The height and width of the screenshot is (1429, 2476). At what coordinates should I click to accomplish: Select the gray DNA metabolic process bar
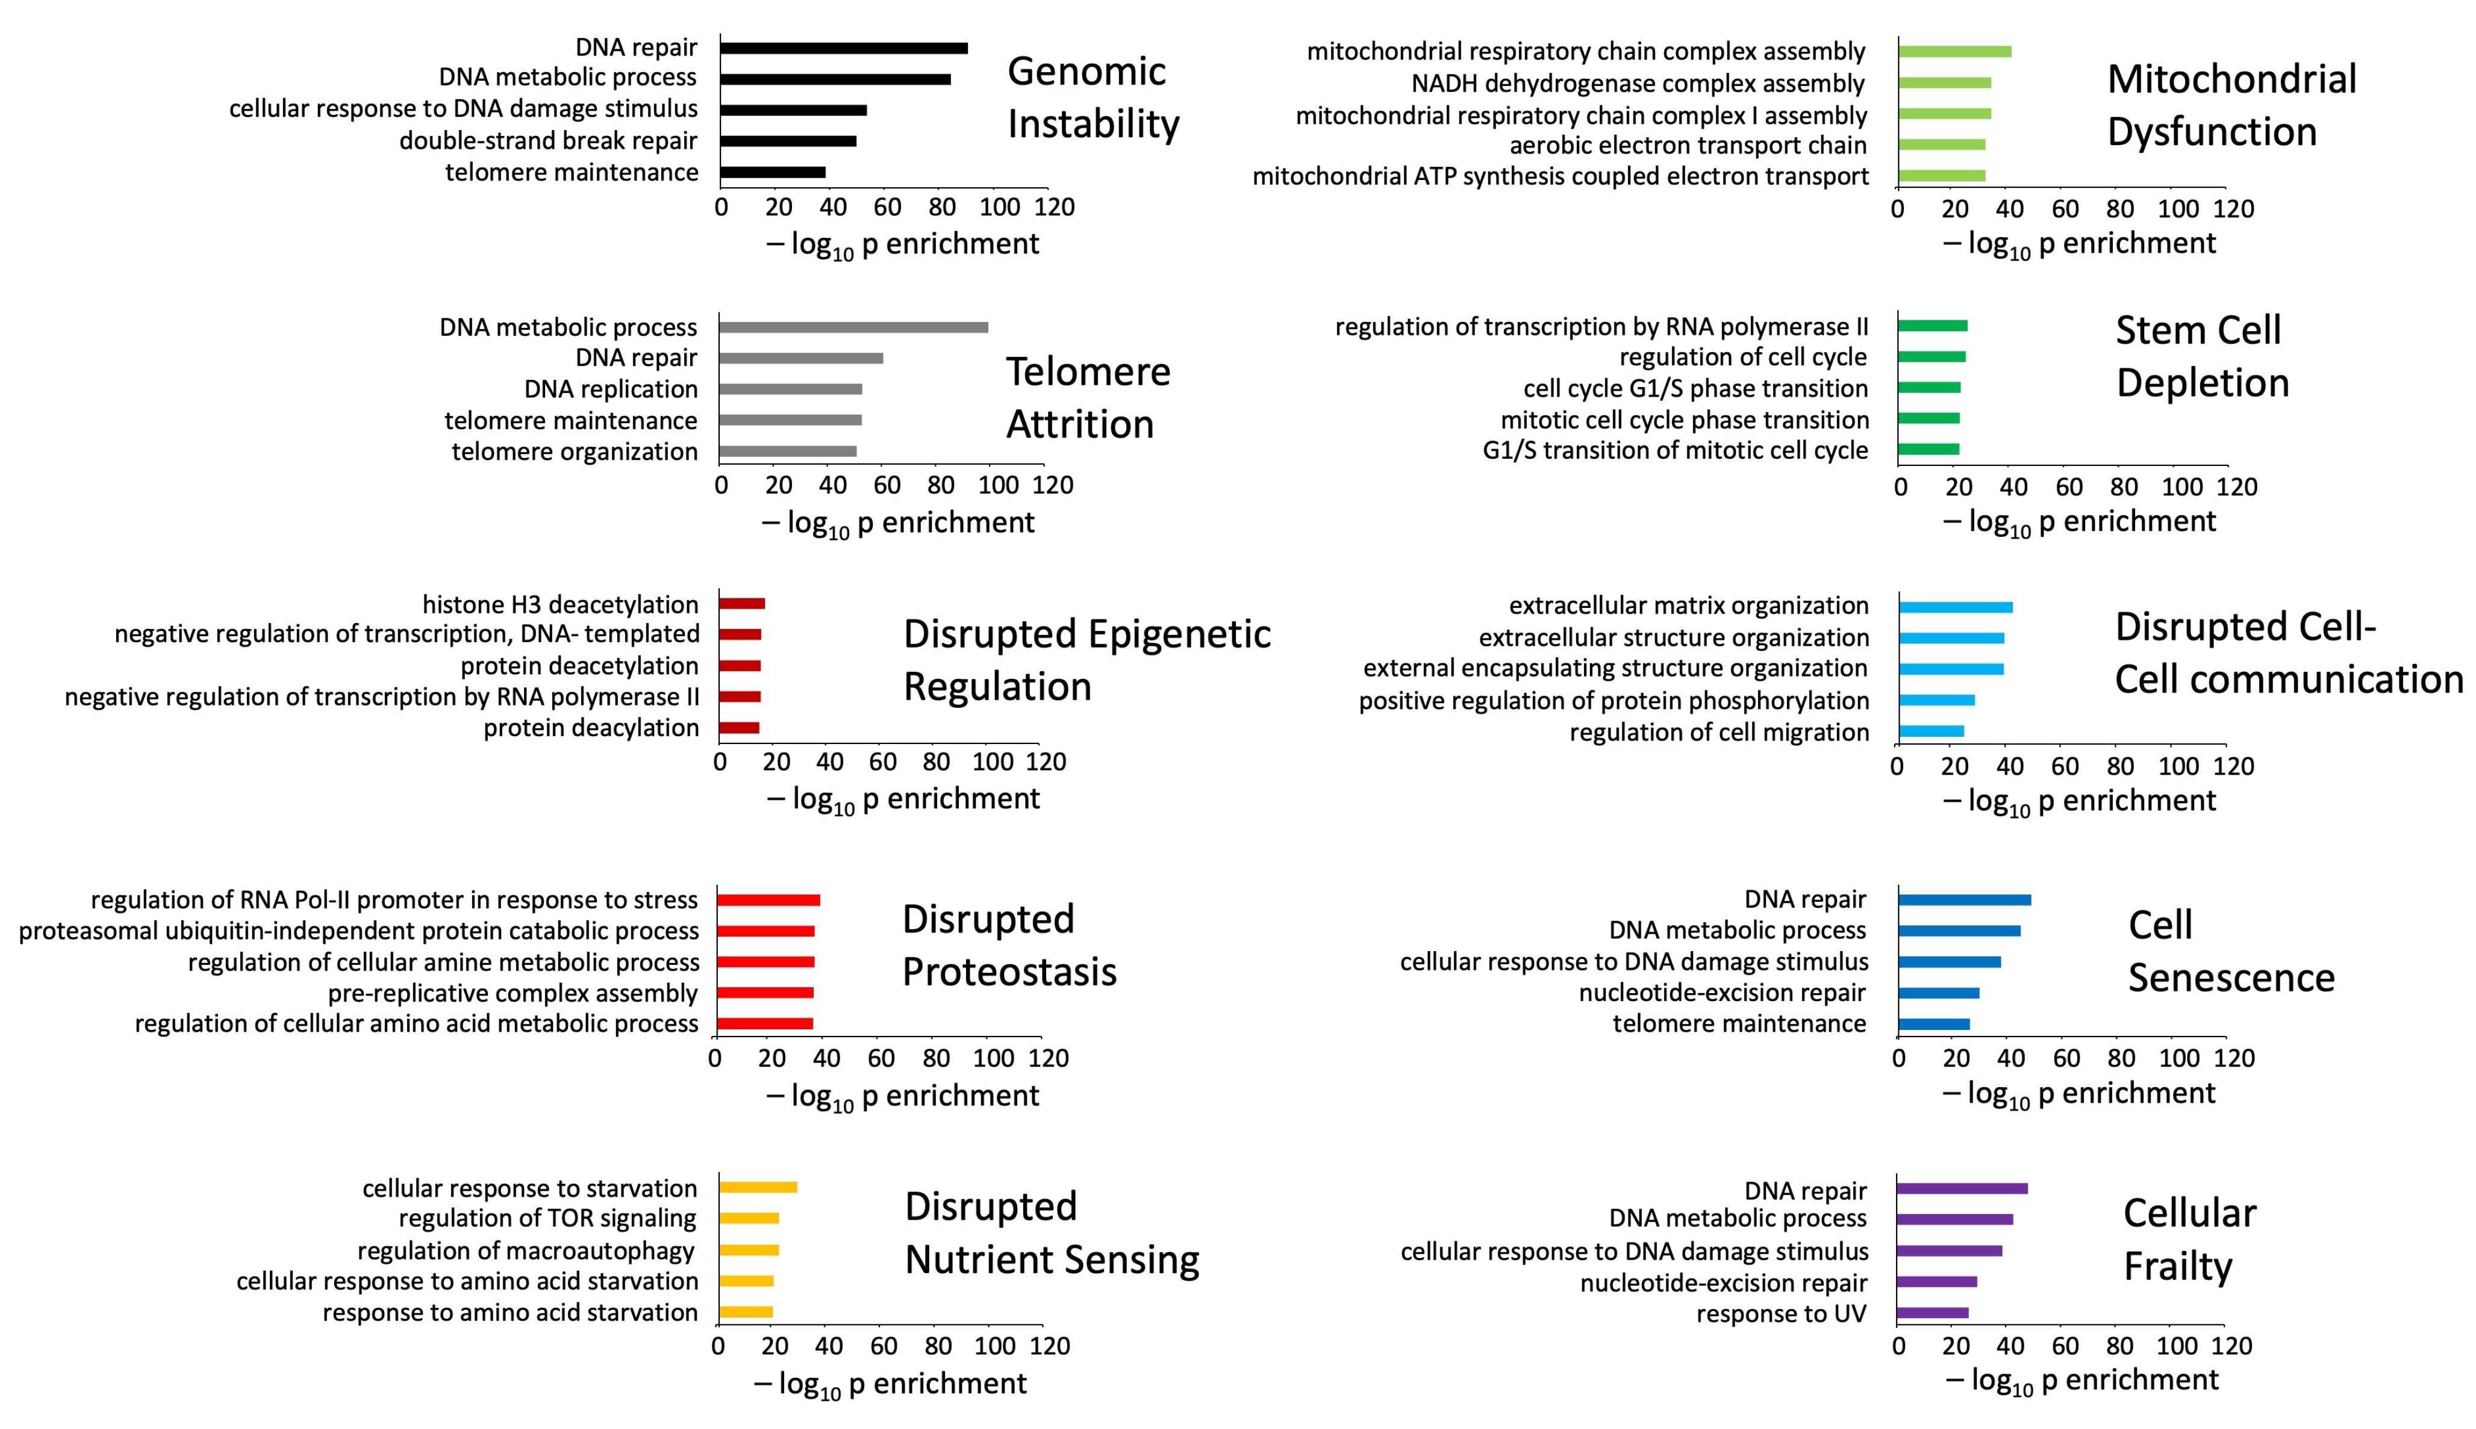(853, 327)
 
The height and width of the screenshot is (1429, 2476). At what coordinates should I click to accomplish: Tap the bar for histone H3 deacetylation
(741, 604)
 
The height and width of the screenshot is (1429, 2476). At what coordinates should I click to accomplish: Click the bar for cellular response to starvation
(757, 1186)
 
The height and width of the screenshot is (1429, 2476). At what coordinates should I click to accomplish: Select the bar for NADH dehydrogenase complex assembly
(1944, 82)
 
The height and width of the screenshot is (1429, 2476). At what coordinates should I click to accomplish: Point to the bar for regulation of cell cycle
(1931, 356)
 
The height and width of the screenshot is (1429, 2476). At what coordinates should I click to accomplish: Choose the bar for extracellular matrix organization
(1954, 607)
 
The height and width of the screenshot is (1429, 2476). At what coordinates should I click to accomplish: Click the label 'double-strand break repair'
(548, 140)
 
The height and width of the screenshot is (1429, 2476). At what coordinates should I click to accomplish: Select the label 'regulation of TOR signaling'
(547, 1218)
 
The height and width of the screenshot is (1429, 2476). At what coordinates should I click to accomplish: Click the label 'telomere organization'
(575, 451)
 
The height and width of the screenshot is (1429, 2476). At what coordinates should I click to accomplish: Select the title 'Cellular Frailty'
(2189, 1239)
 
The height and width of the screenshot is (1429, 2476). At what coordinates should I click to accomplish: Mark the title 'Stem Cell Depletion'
(2201, 356)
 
